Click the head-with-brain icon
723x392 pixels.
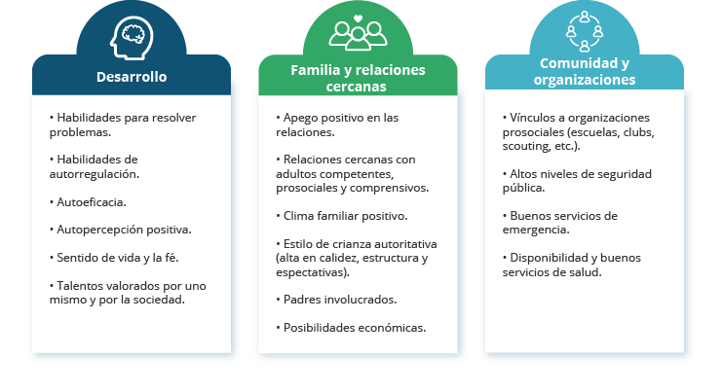(x=132, y=38)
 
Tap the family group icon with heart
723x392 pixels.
(x=358, y=33)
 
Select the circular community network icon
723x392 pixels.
(x=585, y=31)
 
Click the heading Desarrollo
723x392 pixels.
(x=132, y=77)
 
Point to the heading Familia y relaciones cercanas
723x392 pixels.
(x=358, y=78)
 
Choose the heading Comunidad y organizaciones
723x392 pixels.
(x=585, y=71)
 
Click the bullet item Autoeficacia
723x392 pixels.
(x=88, y=202)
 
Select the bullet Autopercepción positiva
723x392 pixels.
(x=121, y=230)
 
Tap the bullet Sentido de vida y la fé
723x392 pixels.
(x=114, y=258)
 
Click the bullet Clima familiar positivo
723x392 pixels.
(x=342, y=216)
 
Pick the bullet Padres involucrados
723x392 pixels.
(x=336, y=300)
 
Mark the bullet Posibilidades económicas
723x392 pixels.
(x=351, y=328)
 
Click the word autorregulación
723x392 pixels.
(x=95, y=174)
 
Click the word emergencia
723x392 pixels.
(x=536, y=230)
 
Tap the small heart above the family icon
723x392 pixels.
(x=358, y=18)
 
